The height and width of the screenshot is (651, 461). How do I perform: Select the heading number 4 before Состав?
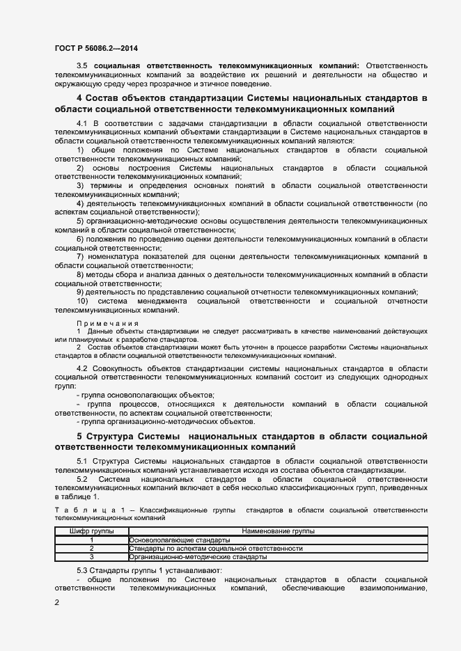(79, 98)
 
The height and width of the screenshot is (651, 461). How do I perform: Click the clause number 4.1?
(83, 123)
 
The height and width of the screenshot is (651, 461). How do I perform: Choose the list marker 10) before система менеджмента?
(83, 301)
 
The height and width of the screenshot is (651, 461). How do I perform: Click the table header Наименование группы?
(278, 531)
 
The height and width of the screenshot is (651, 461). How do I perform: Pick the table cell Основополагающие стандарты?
(179, 540)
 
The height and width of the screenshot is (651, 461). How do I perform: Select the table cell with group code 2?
(91, 549)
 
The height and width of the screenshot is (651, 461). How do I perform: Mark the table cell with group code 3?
(91, 557)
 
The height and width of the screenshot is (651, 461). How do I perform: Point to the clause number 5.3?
(83, 570)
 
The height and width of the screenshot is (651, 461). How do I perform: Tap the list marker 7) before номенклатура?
(80, 256)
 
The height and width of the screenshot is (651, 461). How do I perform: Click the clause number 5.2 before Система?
(83, 480)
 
